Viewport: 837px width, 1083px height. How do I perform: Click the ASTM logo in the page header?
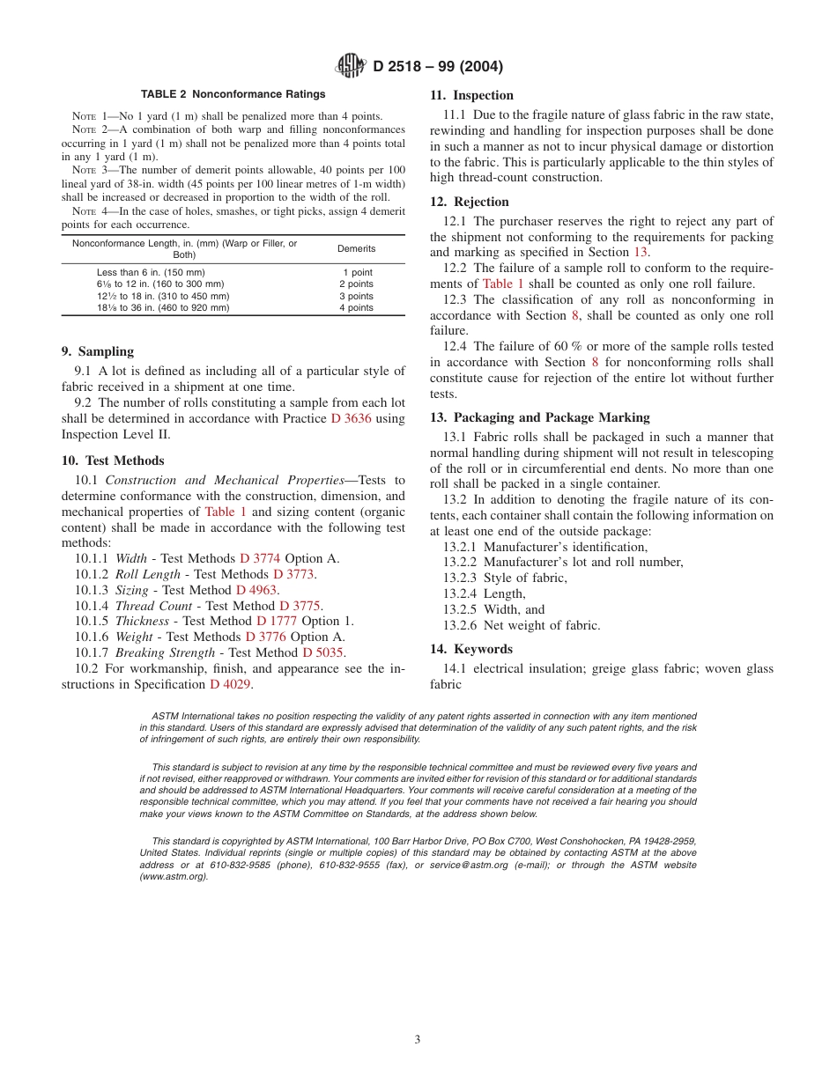[352, 66]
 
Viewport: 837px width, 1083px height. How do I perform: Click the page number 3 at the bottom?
[418, 1039]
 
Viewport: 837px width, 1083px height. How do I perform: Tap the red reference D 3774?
[260, 558]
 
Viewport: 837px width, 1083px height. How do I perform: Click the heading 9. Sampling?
[98, 351]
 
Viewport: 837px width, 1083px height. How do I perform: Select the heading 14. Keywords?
[470, 649]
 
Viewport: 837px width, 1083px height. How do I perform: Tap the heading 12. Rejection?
[469, 202]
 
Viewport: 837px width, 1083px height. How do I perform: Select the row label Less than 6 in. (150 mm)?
[151, 273]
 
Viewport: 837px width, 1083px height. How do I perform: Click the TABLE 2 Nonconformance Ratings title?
[233, 94]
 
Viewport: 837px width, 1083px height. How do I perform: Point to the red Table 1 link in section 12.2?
[503, 284]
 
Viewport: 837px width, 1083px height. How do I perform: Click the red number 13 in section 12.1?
[641, 253]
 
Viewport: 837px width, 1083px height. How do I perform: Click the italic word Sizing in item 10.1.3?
[132, 590]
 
